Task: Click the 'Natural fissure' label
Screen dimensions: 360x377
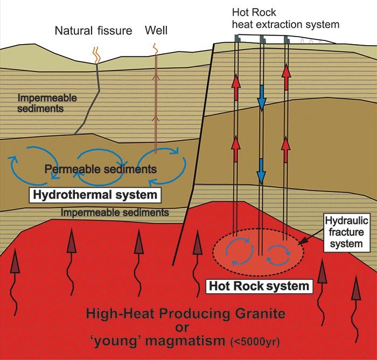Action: [93, 31]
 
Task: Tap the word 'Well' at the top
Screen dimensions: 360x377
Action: [156, 31]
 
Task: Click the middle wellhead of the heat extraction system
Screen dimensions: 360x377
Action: [261, 39]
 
